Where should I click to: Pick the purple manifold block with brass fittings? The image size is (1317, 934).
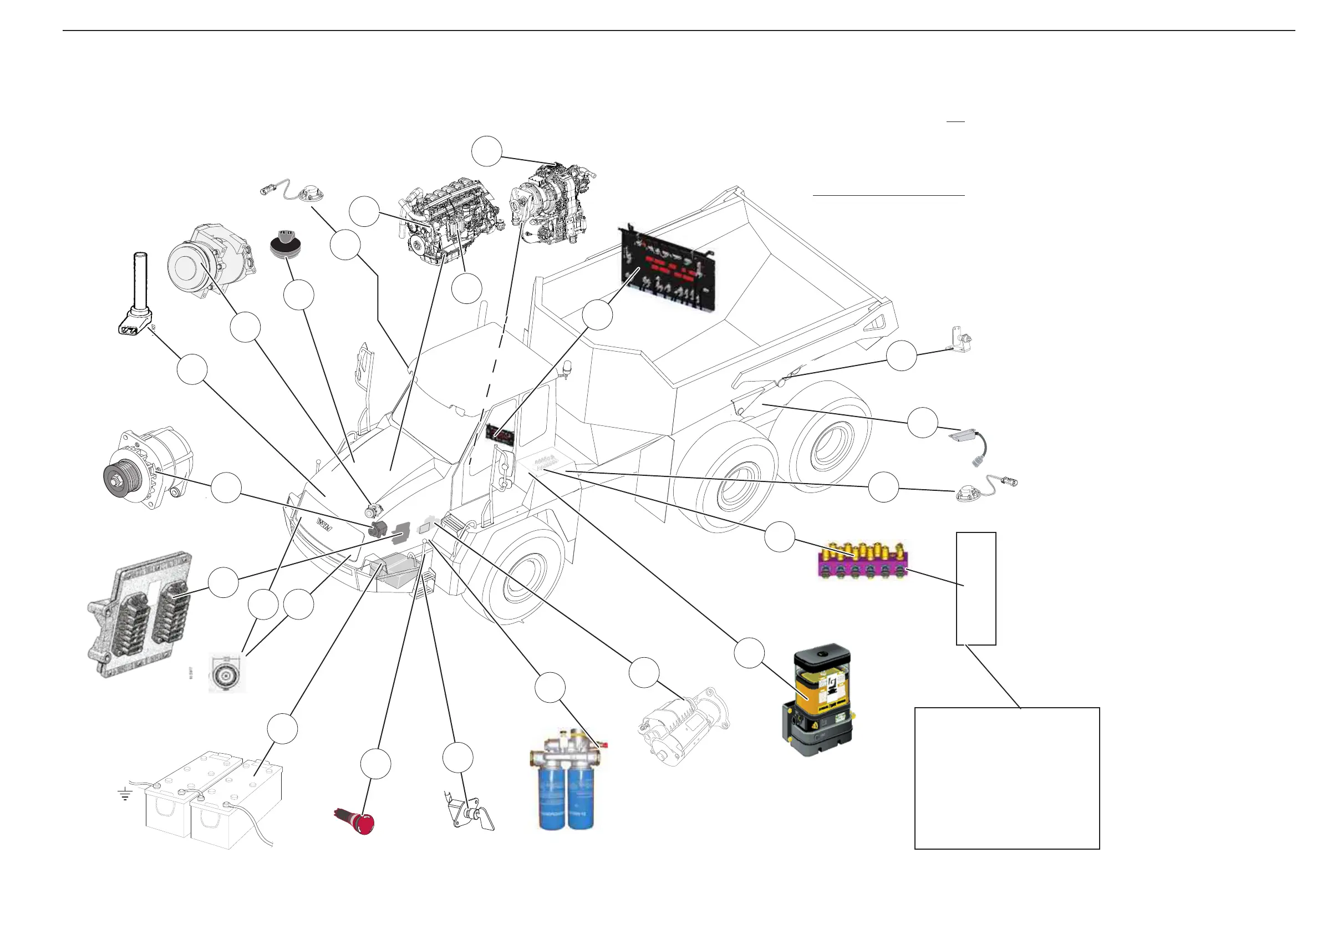(862, 561)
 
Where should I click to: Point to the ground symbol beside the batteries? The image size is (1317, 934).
(125, 795)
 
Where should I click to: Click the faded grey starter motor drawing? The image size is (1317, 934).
(684, 728)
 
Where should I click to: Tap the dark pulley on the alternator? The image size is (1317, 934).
(118, 478)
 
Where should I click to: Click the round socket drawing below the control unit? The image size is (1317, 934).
(226, 673)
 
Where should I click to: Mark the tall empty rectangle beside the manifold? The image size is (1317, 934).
(975, 588)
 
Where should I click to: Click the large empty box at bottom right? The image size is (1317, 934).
(1006, 778)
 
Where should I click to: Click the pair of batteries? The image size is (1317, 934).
(213, 796)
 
